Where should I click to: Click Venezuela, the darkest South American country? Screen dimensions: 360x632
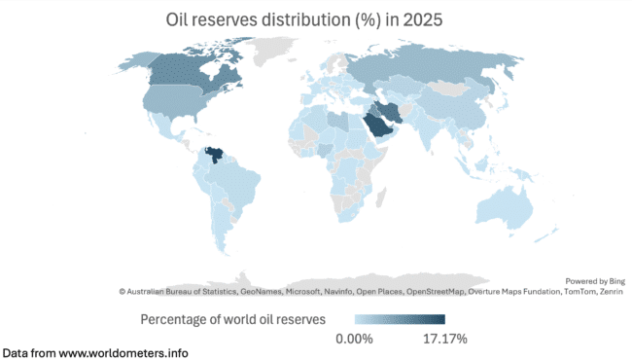point(214,156)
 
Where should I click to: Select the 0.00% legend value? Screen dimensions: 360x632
point(355,339)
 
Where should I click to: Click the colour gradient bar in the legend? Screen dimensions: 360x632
point(400,319)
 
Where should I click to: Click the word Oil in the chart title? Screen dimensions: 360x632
point(176,18)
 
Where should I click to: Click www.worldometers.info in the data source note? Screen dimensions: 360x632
point(123,352)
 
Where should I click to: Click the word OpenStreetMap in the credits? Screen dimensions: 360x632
point(438,291)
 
